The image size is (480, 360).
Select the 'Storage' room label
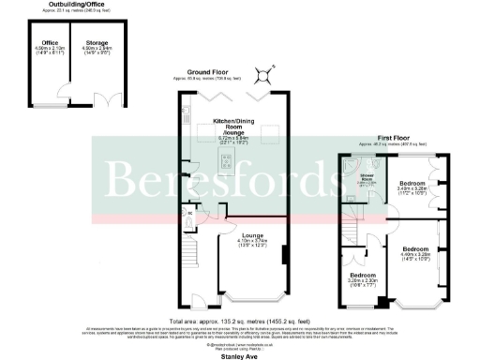click(x=95, y=42)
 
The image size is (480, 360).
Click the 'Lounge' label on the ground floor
click(x=251, y=235)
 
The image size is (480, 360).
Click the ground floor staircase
click(x=190, y=254)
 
